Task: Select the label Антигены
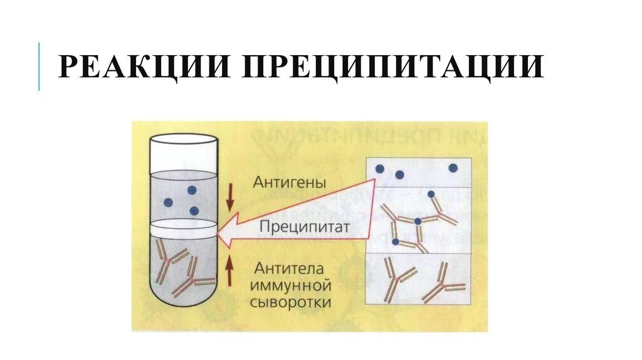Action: pyautogui.click(x=290, y=183)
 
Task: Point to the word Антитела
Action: pyautogui.click(x=289, y=269)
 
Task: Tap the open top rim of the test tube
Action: pyautogui.click(x=182, y=139)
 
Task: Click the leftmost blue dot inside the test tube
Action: pyautogui.click(x=167, y=202)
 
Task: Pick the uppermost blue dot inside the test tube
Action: pyautogui.click(x=191, y=190)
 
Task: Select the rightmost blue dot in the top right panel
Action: pyautogui.click(x=453, y=168)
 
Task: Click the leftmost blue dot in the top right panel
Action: pyautogui.click(x=379, y=169)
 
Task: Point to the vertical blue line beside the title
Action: pyautogui.click(x=39, y=66)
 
